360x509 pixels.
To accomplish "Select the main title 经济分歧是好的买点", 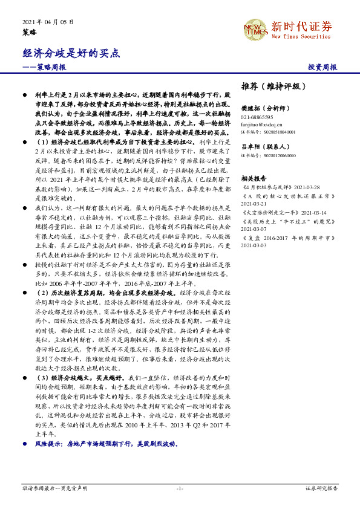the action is click(x=64, y=53).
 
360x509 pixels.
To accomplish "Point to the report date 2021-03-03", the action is click(x=254, y=245).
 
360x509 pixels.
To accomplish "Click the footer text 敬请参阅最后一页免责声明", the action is click(x=54, y=488).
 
